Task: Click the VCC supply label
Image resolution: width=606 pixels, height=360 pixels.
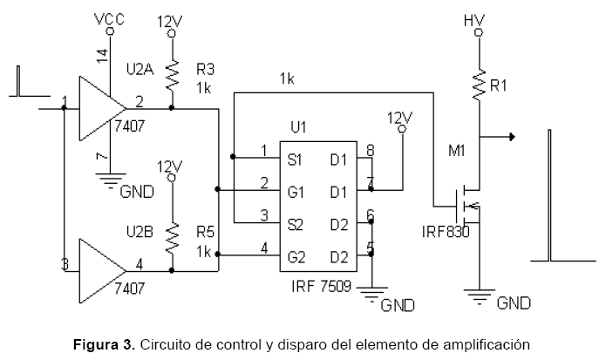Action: pyautogui.click(x=109, y=18)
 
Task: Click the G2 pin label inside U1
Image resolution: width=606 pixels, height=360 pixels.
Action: pyautogui.click(x=296, y=256)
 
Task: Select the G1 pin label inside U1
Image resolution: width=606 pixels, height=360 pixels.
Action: pyautogui.click(x=296, y=191)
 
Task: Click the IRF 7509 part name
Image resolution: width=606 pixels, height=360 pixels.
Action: pyautogui.click(x=320, y=286)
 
